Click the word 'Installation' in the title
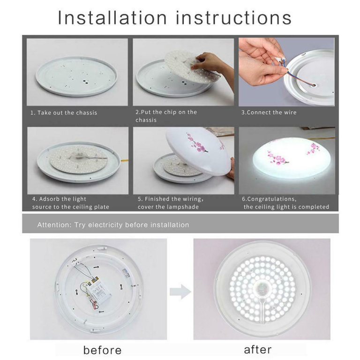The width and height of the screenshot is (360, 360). [112, 17]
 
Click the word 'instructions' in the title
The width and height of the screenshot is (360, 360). [234, 17]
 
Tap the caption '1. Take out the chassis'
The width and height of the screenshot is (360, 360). [64, 112]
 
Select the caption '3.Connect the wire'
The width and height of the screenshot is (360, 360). [269, 112]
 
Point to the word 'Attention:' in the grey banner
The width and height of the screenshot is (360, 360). [55, 225]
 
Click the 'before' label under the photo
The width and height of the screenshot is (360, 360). [102, 350]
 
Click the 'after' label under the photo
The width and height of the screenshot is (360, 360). [258, 350]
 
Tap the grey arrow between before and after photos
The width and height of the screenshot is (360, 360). [180, 292]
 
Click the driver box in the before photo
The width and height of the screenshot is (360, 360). [100, 291]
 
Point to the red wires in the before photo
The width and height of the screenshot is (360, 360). [95, 305]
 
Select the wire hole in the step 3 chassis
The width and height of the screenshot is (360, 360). [314, 85]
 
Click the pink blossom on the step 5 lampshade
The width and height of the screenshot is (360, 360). [197, 143]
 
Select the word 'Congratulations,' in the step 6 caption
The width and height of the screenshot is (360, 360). [270, 199]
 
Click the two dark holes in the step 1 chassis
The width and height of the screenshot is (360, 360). [86, 81]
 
